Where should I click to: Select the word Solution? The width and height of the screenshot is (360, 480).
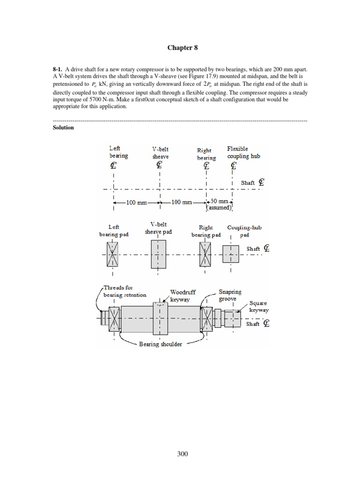(x=63, y=127)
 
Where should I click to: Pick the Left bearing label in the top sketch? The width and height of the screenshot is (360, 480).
(x=118, y=152)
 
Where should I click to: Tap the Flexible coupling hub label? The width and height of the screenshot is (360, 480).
(x=244, y=152)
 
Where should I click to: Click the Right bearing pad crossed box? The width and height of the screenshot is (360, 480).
(x=206, y=254)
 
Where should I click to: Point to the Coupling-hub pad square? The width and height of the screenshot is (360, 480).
(x=230, y=254)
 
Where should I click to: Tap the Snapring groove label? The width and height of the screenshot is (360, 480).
(x=231, y=295)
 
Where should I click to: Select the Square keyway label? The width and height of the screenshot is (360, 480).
(x=259, y=307)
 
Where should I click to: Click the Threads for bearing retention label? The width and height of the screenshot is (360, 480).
(x=125, y=292)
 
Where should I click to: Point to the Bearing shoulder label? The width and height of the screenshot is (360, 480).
(x=160, y=344)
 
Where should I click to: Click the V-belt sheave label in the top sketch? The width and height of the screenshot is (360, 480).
(x=160, y=153)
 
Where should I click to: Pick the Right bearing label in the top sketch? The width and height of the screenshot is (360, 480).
(x=206, y=154)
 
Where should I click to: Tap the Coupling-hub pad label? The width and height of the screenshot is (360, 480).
(x=245, y=231)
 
